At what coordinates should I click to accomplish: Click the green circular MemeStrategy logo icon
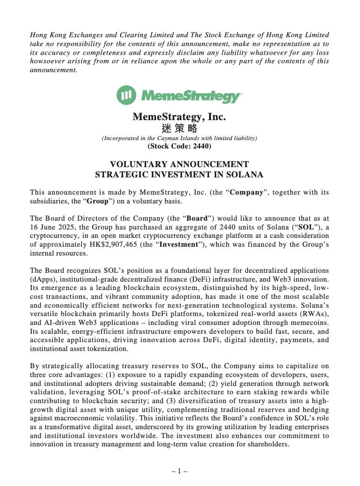(x=126, y=95)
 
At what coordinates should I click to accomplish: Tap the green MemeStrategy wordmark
(x=191, y=96)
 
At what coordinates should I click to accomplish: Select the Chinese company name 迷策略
(x=179, y=128)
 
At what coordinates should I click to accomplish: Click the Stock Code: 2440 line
(x=179, y=146)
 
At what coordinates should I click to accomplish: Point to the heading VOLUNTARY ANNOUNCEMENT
(x=179, y=164)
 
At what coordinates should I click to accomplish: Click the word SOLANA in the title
(x=243, y=175)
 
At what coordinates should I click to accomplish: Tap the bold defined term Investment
(x=179, y=244)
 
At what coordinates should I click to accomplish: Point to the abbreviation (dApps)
(x=42, y=279)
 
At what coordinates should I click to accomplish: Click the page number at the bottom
(x=179, y=471)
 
